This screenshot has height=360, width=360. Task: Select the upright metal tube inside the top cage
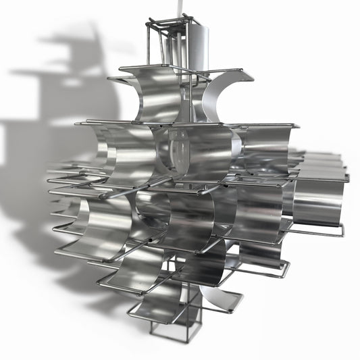177,47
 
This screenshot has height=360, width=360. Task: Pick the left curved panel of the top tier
155,95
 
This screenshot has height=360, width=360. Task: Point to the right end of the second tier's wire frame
298,126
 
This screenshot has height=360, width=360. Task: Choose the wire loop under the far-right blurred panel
324,233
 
